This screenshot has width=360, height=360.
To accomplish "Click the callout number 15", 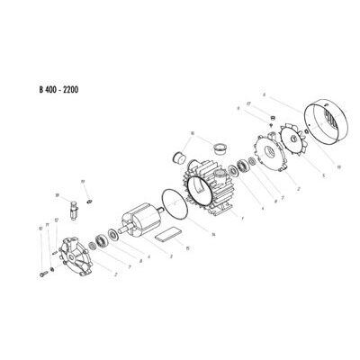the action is tap(186, 247).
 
